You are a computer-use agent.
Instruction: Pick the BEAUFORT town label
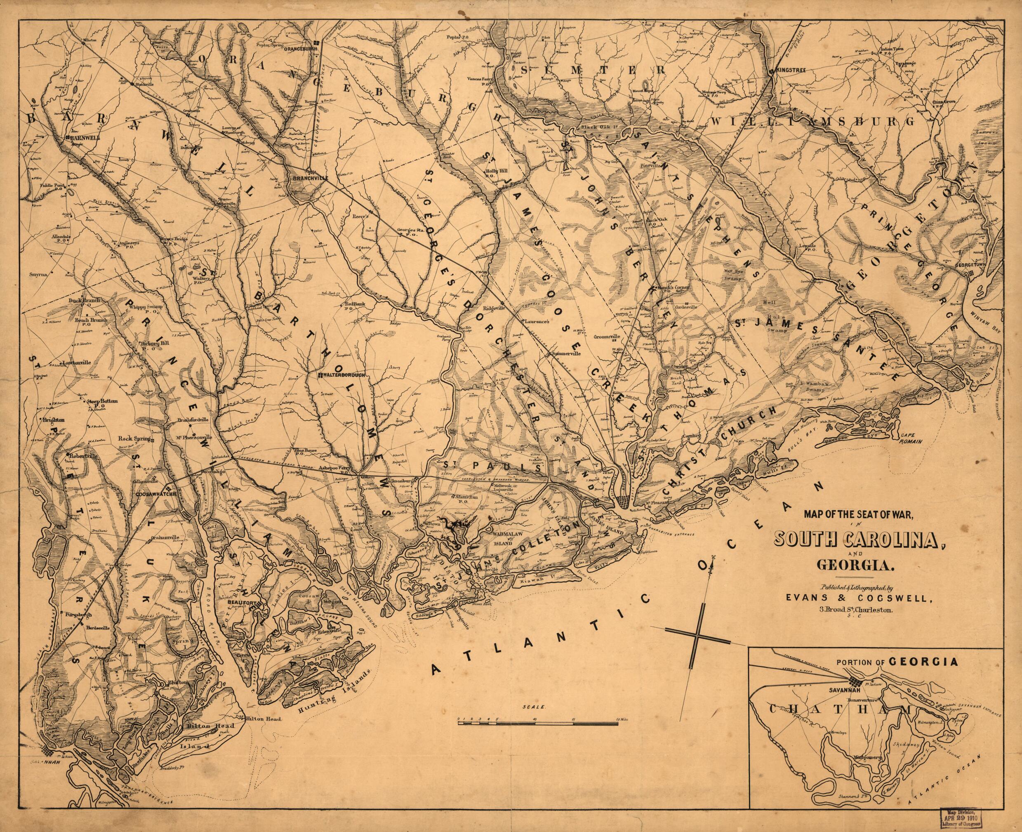(x=241, y=601)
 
